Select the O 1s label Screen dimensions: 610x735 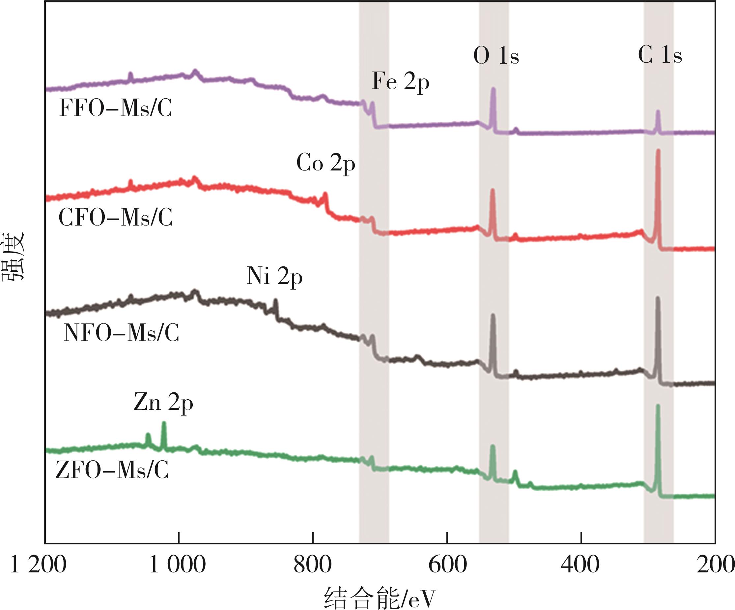point(496,56)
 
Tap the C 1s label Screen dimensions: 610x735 point(660,55)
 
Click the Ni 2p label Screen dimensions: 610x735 point(274,276)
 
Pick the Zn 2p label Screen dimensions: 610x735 point(163,403)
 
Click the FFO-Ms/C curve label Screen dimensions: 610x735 point(116,108)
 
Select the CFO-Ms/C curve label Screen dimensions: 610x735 point(116,218)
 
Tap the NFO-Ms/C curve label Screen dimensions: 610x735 point(121,333)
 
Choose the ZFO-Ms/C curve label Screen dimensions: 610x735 point(112,470)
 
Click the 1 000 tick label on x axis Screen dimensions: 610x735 point(178,565)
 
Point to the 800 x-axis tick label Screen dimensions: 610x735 point(313,565)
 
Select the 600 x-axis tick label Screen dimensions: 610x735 point(447,565)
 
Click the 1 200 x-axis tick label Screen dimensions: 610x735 point(38,565)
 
